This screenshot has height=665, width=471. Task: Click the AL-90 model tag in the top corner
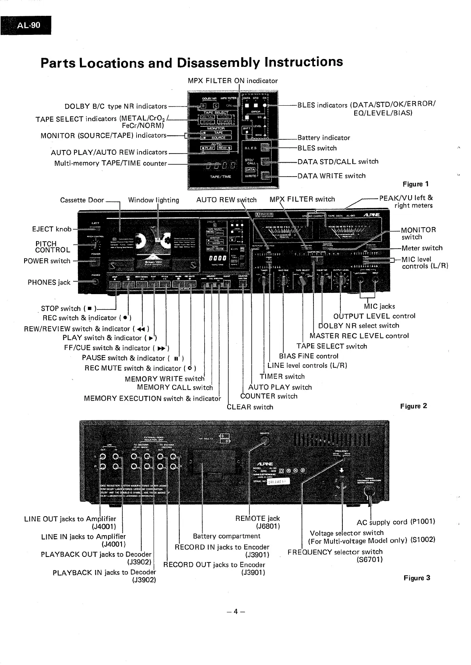28,26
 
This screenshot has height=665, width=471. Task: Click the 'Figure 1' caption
416,184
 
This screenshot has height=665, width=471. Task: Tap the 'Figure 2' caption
414,406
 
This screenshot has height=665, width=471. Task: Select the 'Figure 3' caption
417,578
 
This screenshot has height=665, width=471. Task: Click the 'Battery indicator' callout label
324,138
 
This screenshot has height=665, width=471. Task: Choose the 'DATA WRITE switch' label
331,176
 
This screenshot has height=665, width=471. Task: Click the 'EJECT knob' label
51,229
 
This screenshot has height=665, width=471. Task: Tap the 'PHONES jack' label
49,282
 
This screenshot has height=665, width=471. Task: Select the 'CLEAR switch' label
250,407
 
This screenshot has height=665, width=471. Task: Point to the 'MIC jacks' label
379,306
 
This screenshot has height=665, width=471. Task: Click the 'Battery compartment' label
226,536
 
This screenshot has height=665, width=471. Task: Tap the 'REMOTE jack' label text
257,519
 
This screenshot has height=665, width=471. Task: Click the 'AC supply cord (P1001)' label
396,522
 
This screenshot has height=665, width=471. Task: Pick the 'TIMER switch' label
282,376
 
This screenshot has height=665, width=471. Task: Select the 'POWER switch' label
47,261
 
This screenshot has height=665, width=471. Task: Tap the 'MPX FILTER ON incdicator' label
233,81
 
